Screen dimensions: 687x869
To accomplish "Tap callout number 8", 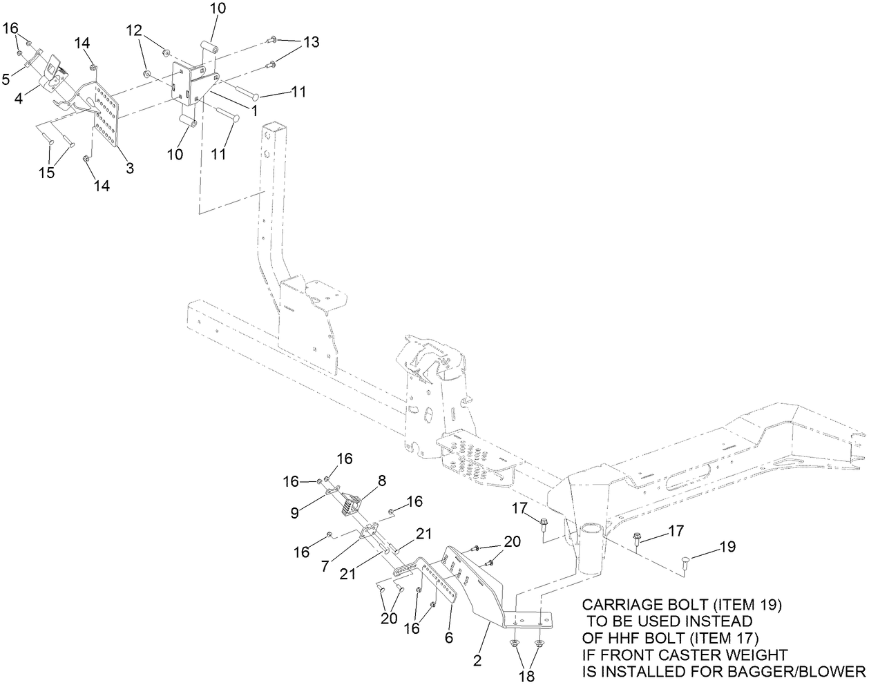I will [x=381, y=479].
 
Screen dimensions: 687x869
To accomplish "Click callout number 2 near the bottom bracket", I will [x=477, y=661].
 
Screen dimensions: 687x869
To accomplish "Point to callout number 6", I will [x=449, y=639].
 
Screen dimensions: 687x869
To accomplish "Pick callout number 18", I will [x=527, y=674].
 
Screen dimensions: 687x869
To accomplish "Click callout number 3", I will [x=129, y=168].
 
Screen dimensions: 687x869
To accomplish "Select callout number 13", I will [x=311, y=42].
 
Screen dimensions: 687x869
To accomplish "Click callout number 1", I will [x=254, y=109].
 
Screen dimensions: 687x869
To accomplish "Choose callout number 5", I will [x=6, y=79].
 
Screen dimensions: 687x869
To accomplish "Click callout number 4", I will [x=19, y=99].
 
